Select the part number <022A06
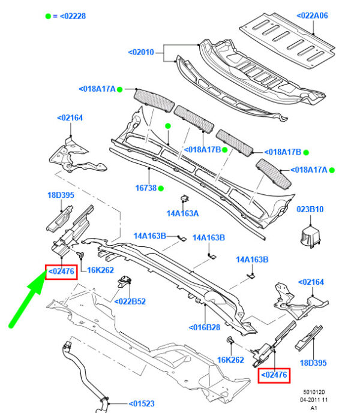313,17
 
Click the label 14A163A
183,212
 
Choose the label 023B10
310,210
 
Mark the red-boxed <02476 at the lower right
274,375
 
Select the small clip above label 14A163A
183,200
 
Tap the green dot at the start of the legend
48,16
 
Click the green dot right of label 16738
161,188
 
